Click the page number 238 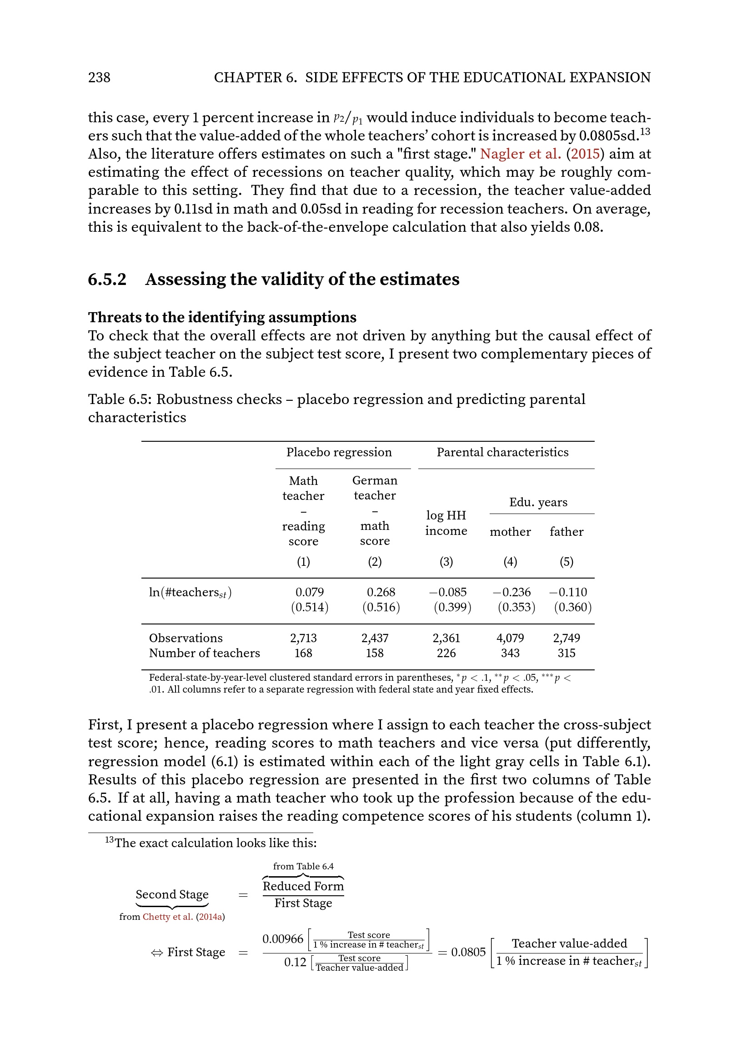click(99, 77)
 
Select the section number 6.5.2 click(107, 279)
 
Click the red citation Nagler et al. click(520, 154)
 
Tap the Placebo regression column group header click(339, 452)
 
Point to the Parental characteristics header click(502, 452)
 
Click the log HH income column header click(446, 523)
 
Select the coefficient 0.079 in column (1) click(309, 592)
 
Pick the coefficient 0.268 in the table click(381, 592)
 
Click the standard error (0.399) click(452, 607)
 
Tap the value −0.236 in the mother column click(511, 592)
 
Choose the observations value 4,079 click(510, 638)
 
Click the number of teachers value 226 click(446, 653)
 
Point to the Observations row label click(185, 638)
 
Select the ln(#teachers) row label click(190, 593)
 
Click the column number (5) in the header click(567, 562)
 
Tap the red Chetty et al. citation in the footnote click(168, 917)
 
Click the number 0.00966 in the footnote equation click(282, 939)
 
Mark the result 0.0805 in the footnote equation click(468, 952)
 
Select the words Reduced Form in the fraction click(303, 886)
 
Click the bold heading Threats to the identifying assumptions click(222, 317)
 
